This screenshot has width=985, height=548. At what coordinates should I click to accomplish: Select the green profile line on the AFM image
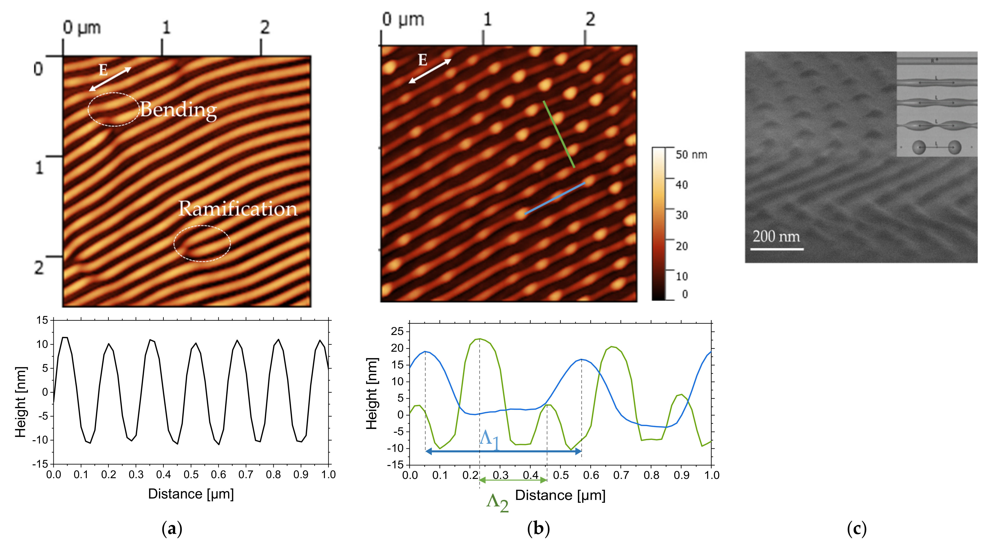559,134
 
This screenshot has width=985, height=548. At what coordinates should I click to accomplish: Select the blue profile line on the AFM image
554,198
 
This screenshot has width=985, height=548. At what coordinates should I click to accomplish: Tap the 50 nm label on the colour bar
691,155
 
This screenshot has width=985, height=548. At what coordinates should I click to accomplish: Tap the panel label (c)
857,529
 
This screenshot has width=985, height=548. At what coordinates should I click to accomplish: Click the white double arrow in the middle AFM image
430,71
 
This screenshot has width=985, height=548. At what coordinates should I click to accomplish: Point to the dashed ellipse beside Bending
114,109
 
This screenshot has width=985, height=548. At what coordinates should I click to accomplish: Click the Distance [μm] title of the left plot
191,494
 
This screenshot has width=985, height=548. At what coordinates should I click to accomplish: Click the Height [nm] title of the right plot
372,394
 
